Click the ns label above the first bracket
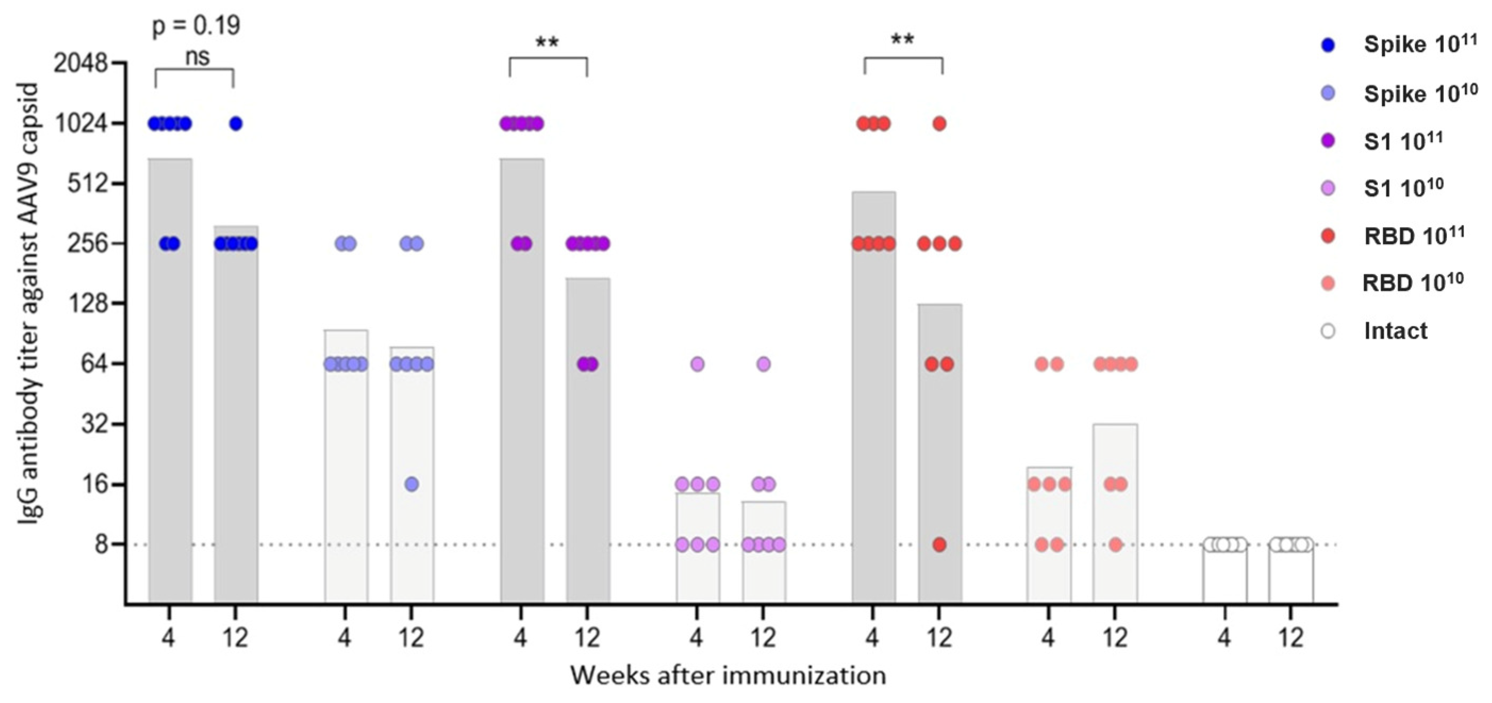[x=197, y=57]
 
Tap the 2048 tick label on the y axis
[x=80, y=63]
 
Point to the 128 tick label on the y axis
[x=89, y=304]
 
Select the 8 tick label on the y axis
[x=102, y=545]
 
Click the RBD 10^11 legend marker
[x=1329, y=236]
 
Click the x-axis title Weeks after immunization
[x=728, y=675]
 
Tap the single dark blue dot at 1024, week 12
[x=236, y=123]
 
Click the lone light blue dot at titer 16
[x=411, y=484]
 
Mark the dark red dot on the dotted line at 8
[x=939, y=545]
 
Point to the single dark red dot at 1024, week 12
[x=939, y=123]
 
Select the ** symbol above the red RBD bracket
[x=903, y=40]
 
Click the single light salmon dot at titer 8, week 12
[x=1115, y=545]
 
